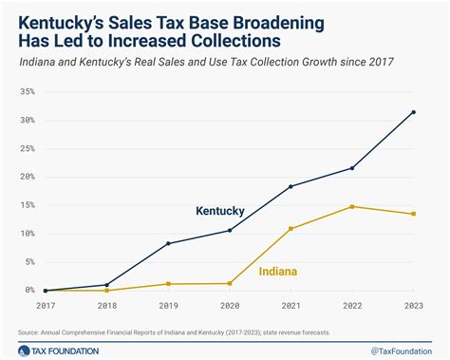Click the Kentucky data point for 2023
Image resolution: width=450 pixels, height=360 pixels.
[413, 112]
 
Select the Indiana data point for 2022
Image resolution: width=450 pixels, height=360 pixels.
[352, 206]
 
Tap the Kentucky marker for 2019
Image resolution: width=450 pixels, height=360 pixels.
[168, 243]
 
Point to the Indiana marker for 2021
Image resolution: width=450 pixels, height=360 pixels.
[291, 228]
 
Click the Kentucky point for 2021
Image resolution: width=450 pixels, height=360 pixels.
[291, 186]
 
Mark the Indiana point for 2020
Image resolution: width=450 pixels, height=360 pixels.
[229, 283]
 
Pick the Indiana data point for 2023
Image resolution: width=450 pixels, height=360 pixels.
[413, 214]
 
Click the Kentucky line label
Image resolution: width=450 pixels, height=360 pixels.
[220, 210]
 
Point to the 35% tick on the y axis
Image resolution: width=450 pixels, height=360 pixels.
[26, 92]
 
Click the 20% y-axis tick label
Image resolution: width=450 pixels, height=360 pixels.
[26, 177]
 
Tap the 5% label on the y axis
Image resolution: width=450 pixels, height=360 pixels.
[28, 262]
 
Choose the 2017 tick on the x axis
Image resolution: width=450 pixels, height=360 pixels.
[45, 306]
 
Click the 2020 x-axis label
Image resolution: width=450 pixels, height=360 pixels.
[229, 306]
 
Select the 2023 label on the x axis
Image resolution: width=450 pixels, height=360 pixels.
[413, 306]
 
